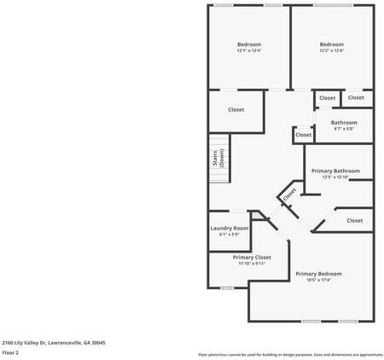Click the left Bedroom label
[249, 44]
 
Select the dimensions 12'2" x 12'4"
[332, 51]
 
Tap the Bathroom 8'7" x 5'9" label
[344, 123]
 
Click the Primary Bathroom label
[335, 171]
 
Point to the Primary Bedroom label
[318, 274]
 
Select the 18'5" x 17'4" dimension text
[318, 281]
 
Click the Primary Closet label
[252, 257]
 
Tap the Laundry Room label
[230, 228]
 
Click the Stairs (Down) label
[218, 159]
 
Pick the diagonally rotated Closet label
[289, 195]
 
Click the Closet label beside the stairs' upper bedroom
[236, 109]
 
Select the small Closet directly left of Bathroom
[303, 135]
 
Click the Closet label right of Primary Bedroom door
[354, 221]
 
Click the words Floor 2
[11, 351]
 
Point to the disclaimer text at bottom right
[291, 354]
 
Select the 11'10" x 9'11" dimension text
[252, 264]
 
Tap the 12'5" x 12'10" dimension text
[335, 177]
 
